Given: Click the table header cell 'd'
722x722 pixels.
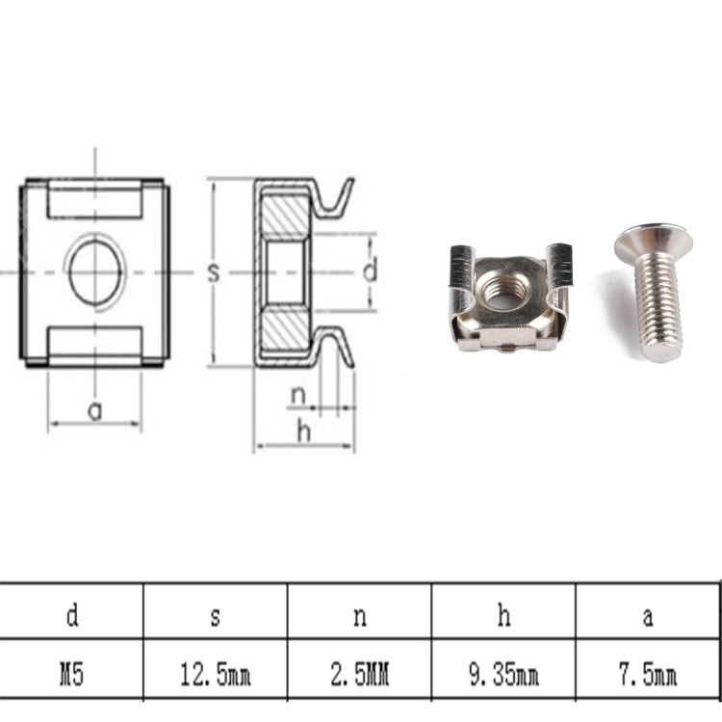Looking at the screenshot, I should (x=72, y=616).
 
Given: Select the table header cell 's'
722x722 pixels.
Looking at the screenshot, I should (x=216, y=616).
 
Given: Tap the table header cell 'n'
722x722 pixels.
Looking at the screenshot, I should (x=359, y=616).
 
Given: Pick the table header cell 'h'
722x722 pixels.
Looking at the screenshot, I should (x=503, y=616).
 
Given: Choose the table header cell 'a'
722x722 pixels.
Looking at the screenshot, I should (x=648, y=616).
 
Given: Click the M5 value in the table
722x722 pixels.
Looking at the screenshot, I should (x=72, y=675).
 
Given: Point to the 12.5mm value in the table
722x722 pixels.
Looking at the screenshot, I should (x=216, y=675).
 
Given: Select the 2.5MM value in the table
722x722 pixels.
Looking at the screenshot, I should (x=359, y=675).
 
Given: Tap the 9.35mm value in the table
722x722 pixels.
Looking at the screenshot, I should (x=503, y=675).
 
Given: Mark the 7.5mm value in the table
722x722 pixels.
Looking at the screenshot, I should (x=648, y=675).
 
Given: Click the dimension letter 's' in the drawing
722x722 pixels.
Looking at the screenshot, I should (x=214, y=273).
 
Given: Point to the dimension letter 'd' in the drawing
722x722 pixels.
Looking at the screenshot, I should (x=370, y=272).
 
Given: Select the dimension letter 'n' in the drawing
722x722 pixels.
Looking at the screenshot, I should (x=298, y=394).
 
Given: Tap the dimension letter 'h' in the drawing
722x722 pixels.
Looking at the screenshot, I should (x=304, y=432).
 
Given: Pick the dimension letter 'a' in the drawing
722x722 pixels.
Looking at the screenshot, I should (x=94, y=411).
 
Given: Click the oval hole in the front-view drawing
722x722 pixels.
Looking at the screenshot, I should (x=94, y=272).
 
